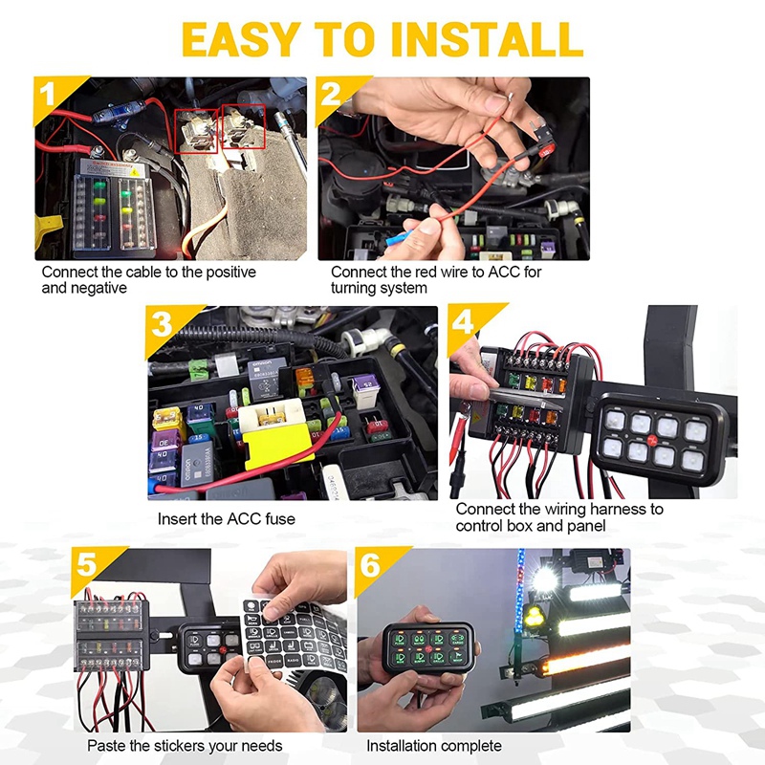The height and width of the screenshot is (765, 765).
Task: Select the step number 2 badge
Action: click(x=332, y=94)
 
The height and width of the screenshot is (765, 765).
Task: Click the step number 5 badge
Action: click(x=87, y=564)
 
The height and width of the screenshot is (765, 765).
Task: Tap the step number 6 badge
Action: click(x=371, y=564)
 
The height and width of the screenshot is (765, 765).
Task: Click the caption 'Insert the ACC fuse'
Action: click(x=227, y=519)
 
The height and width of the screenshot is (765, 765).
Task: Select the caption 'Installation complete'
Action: click(x=433, y=745)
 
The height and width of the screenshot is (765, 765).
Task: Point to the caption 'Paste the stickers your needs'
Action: click(x=185, y=745)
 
